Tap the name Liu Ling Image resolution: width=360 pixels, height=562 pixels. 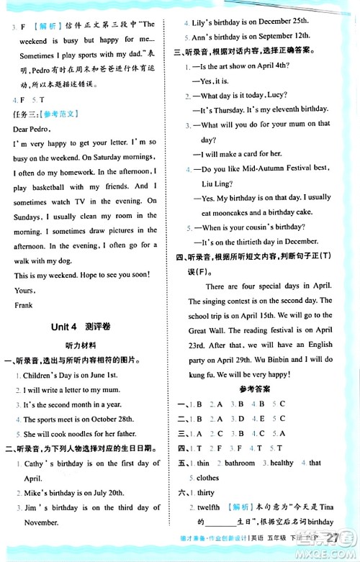217,182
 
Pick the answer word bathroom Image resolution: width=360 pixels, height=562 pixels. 240,463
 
